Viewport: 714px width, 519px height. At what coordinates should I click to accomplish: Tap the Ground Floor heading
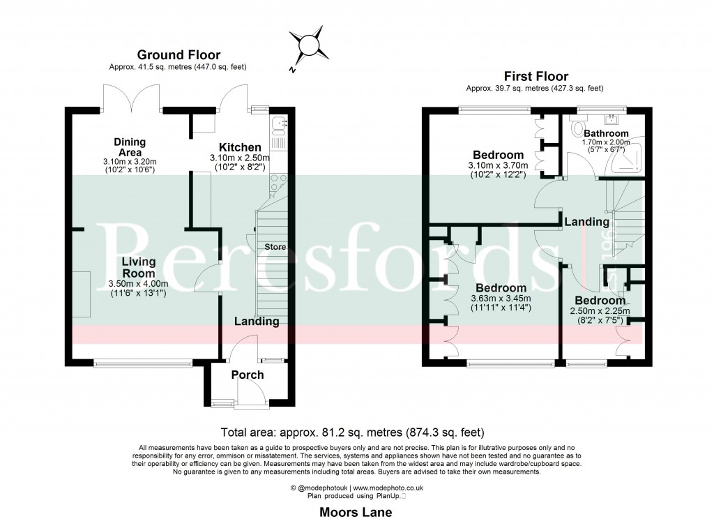tap(178, 54)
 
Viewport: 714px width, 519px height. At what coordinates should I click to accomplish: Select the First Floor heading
tap(535, 76)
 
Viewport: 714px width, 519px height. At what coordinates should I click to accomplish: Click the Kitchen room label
tap(240, 147)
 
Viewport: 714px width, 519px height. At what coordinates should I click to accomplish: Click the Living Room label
tap(138, 267)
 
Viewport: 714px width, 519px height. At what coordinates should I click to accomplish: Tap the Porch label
tap(248, 375)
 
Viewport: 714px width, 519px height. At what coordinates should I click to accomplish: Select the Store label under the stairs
tap(274, 246)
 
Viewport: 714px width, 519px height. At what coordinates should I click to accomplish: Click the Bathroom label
tap(605, 133)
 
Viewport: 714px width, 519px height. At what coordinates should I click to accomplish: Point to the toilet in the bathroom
tap(577, 129)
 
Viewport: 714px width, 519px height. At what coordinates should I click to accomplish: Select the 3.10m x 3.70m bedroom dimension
tap(498, 165)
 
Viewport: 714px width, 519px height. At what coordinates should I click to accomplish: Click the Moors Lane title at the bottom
tap(356, 512)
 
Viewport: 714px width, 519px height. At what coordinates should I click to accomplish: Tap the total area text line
tap(352, 432)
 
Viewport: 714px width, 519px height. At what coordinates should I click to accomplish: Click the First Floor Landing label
tap(586, 222)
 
